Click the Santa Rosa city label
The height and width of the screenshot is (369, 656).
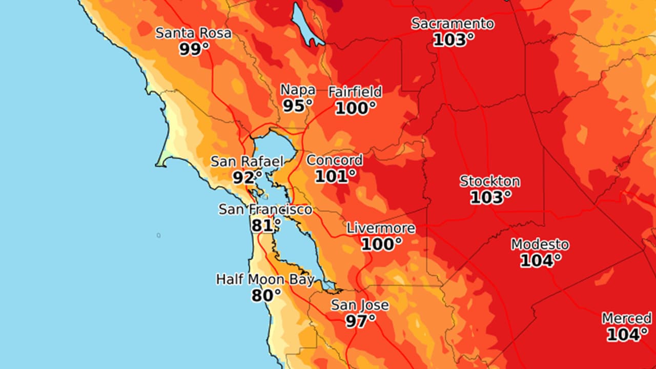coord(193,33)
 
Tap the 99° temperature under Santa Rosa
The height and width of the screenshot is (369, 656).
coord(194,49)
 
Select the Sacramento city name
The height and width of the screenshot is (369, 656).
coord(453,24)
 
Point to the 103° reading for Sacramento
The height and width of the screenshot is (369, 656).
coord(454,39)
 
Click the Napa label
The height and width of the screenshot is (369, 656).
coord(298,90)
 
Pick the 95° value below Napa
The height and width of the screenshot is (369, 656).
coord(298,106)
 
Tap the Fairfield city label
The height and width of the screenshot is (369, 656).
coord(355,92)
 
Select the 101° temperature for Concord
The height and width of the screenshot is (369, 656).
coord(335,176)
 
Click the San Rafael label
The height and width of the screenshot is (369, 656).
coord(247,162)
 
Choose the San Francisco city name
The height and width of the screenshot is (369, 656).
coord(265,210)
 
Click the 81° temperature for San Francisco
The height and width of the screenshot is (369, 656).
coord(265,225)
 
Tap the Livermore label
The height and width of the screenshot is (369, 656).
coord(381,229)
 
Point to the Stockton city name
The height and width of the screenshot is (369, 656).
coord(489,181)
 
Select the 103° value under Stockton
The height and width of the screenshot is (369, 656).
coord(490,197)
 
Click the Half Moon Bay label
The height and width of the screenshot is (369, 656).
coord(265,280)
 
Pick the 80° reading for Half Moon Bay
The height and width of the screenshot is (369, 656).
coord(266,296)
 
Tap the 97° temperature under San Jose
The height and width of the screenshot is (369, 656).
coord(360,321)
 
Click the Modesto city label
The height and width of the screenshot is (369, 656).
coord(540,244)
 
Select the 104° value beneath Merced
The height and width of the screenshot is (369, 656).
coord(627,335)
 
